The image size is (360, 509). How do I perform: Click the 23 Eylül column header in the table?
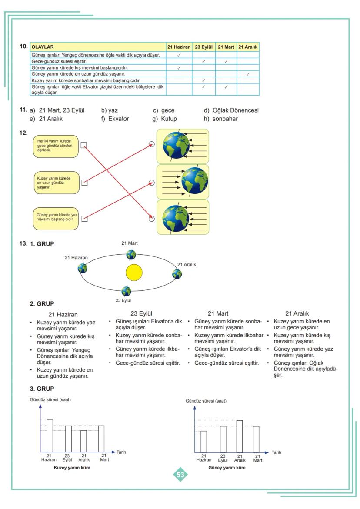click(x=203, y=47)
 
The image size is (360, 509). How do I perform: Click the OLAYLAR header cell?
click(x=97, y=47)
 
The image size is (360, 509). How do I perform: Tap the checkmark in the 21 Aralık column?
click(x=247, y=74)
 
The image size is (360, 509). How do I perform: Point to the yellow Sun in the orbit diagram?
click(x=134, y=273)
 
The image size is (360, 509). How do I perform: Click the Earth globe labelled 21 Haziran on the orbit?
click(x=83, y=268)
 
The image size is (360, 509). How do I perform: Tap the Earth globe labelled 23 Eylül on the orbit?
click(x=126, y=291)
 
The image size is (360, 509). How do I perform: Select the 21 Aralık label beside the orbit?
click(x=187, y=264)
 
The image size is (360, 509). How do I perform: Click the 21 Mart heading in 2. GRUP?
click(x=218, y=313)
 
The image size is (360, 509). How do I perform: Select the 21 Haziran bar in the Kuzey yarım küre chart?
click(x=50, y=436)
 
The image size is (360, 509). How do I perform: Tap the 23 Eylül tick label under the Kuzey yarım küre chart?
click(x=67, y=458)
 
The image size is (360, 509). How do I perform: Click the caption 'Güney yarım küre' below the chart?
click(x=227, y=468)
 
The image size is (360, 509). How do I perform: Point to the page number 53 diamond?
click(x=180, y=475)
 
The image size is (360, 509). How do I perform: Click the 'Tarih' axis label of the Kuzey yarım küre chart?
click(x=121, y=452)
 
